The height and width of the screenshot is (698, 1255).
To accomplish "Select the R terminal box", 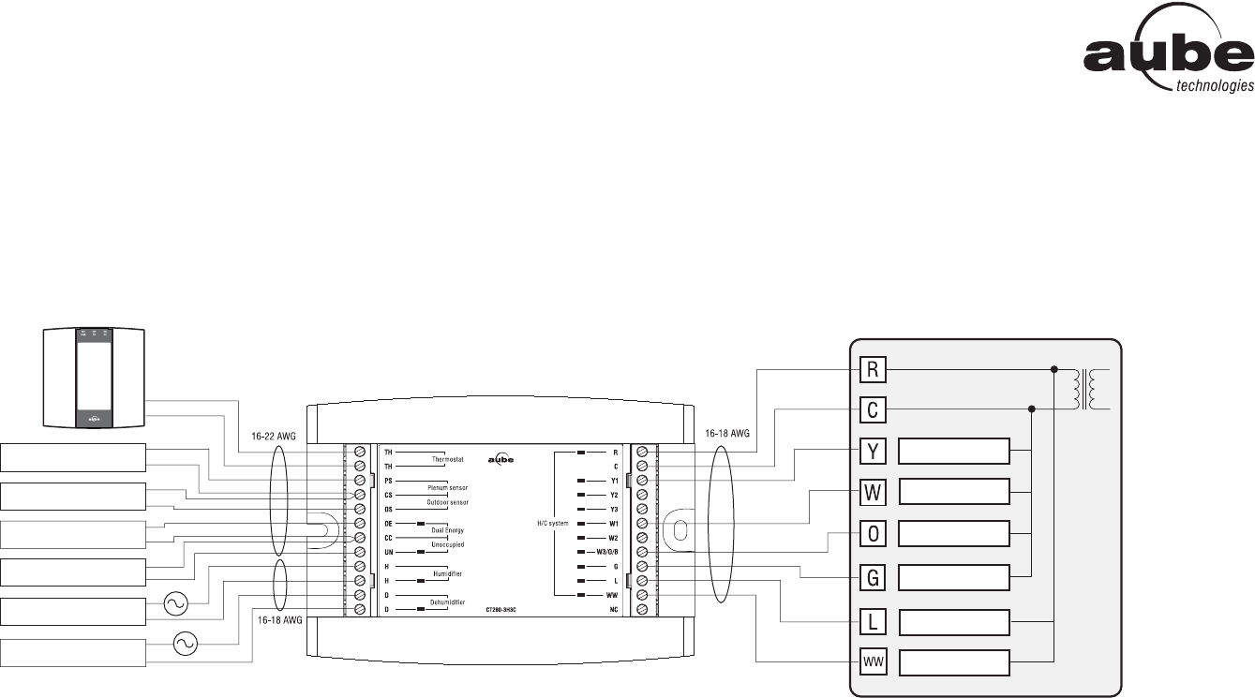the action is click(x=873, y=369).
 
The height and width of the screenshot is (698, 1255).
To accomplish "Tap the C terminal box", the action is click(x=873, y=409).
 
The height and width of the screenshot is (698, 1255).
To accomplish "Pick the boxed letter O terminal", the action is click(x=873, y=534).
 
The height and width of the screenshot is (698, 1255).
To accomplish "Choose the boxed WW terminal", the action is click(x=873, y=663).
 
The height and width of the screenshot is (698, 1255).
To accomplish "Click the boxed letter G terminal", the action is click(x=873, y=577).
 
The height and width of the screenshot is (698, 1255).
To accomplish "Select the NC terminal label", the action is click(x=614, y=610).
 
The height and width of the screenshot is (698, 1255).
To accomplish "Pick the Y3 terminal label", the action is click(x=614, y=509).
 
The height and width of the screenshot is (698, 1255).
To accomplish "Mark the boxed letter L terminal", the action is click(x=873, y=621).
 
